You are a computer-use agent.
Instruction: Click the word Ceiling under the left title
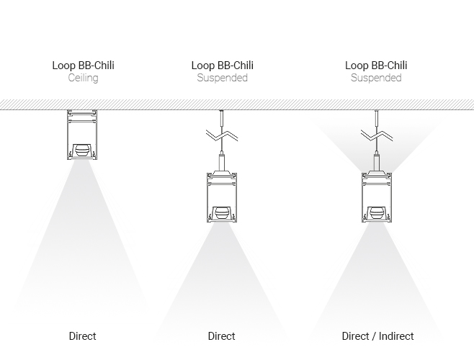point(83,78)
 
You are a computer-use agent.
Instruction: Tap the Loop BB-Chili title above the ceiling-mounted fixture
point(83,66)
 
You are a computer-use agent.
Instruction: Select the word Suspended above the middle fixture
point(222,78)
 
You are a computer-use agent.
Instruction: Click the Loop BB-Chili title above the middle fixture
point(222,66)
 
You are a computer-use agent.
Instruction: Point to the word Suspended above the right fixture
point(376,78)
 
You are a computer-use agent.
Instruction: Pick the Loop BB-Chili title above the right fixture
point(376,66)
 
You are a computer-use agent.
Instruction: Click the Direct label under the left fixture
point(83,336)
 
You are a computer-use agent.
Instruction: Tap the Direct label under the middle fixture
point(222,336)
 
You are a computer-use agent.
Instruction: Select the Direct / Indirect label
point(377,336)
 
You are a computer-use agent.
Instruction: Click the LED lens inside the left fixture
point(83,150)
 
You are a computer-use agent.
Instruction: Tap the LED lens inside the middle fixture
point(222,213)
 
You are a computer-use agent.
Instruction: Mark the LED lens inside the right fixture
point(376,213)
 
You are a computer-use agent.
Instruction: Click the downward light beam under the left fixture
point(83,238)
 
